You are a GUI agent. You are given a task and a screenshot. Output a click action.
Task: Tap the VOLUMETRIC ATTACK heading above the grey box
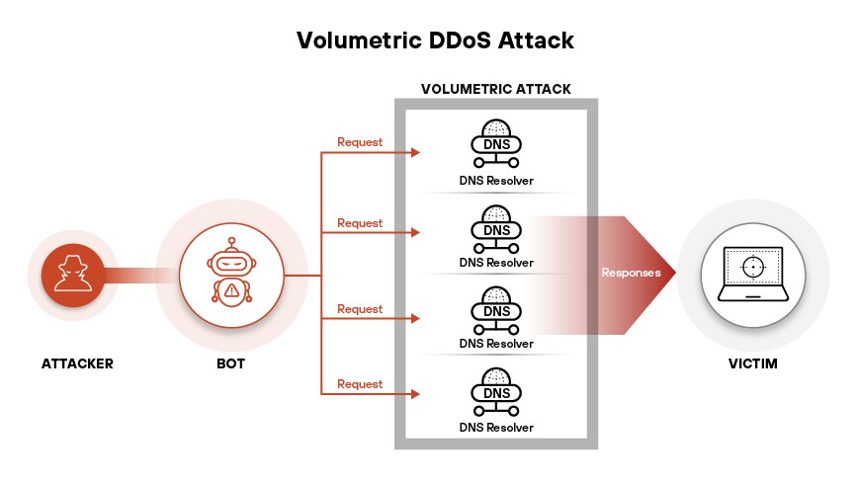pos(495,89)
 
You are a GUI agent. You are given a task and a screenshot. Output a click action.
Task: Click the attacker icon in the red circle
pos(74,275)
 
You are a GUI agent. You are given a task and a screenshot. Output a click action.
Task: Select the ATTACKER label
pos(77,363)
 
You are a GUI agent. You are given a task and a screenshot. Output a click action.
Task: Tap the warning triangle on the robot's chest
pos(230,290)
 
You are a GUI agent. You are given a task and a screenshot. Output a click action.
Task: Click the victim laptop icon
pos(753,275)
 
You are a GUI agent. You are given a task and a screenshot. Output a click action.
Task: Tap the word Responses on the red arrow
pos(631,272)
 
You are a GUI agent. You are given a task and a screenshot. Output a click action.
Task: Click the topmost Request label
pos(360,141)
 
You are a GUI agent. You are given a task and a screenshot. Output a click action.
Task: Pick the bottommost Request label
pos(360,383)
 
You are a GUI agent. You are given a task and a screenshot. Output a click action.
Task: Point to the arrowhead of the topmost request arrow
pos(417,153)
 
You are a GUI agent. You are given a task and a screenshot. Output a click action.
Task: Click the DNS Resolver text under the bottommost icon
pos(496,427)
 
